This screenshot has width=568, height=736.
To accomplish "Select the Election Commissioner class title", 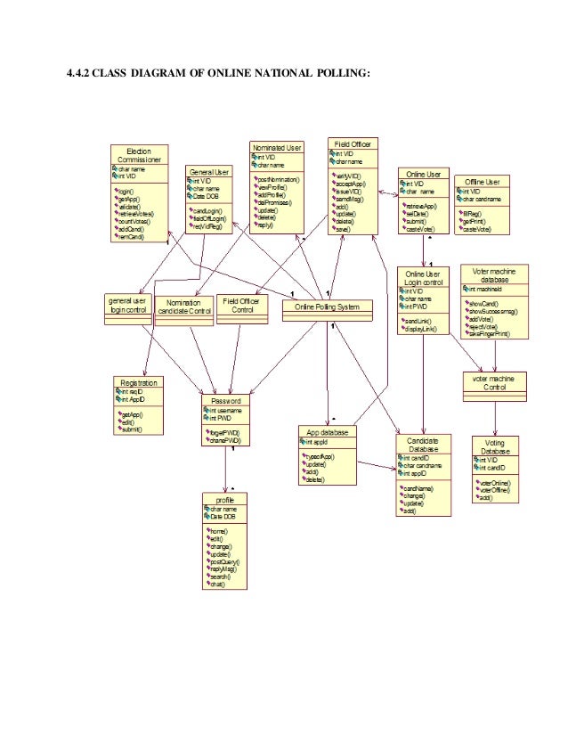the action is pyautogui.click(x=139, y=156).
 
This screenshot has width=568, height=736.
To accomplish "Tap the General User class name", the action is pyautogui.click(x=207, y=171).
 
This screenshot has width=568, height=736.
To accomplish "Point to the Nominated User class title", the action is pyautogui.click(x=277, y=147).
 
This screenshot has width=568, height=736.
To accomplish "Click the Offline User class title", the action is pyautogui.click(x=481, y=182).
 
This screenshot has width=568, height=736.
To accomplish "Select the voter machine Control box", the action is pyautogui.click(x=494, y=382).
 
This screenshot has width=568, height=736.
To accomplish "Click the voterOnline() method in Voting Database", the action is pyautogui.click(x=495, y=482).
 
